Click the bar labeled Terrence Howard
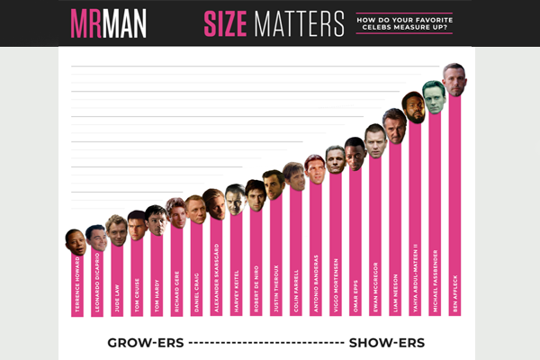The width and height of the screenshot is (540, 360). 77,283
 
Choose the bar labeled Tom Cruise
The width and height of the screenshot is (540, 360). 137,274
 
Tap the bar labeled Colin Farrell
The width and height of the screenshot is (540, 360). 295,247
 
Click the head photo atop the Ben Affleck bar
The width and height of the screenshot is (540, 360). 454,78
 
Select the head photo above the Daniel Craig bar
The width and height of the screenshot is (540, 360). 195,211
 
